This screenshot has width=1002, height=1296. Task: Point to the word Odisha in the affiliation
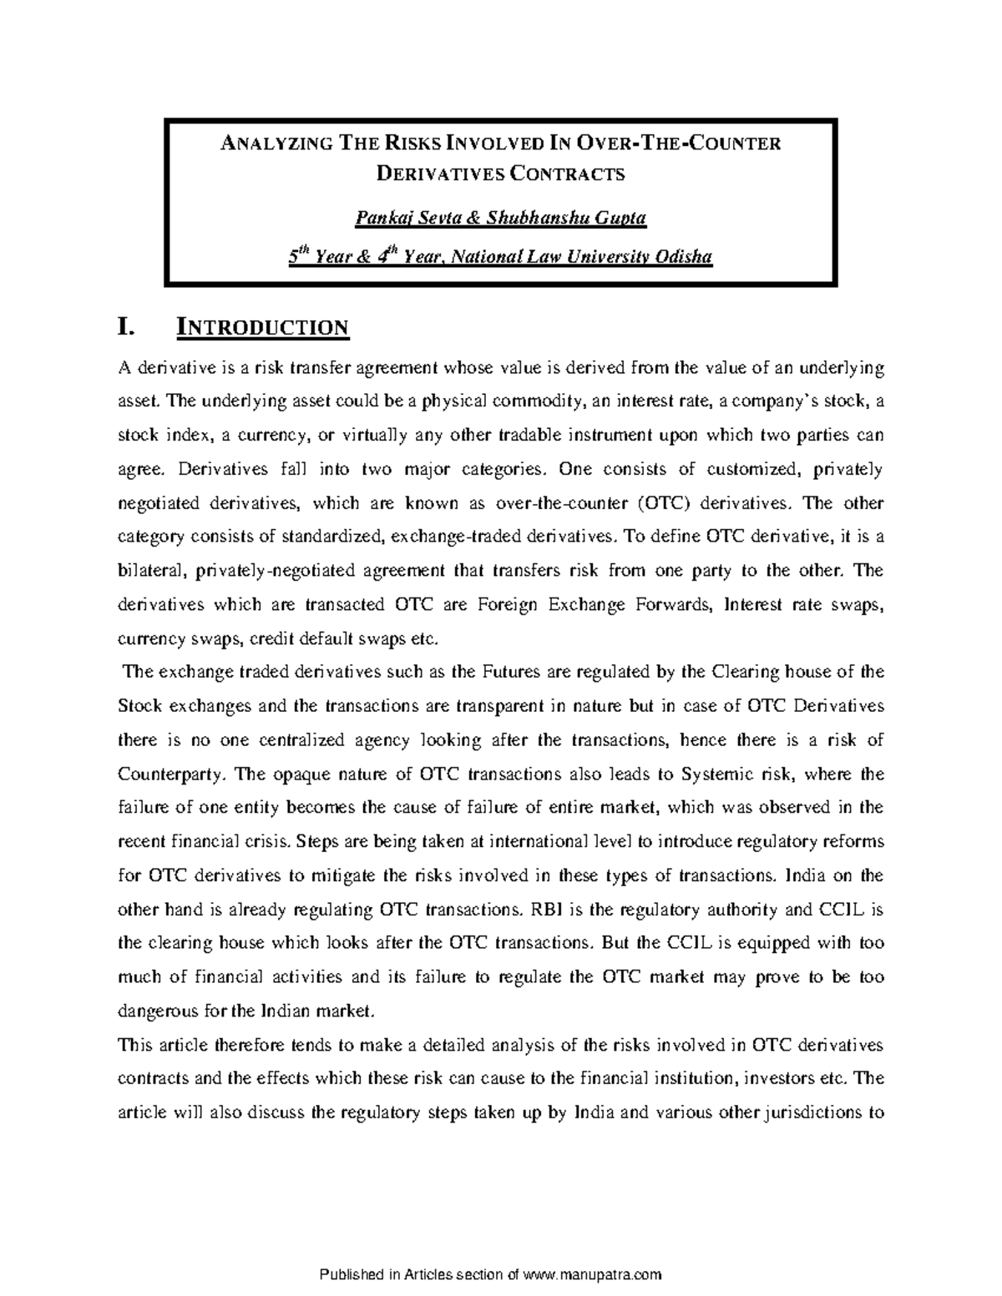pos(685,257)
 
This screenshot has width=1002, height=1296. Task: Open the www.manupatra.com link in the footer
pos(592,1273)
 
